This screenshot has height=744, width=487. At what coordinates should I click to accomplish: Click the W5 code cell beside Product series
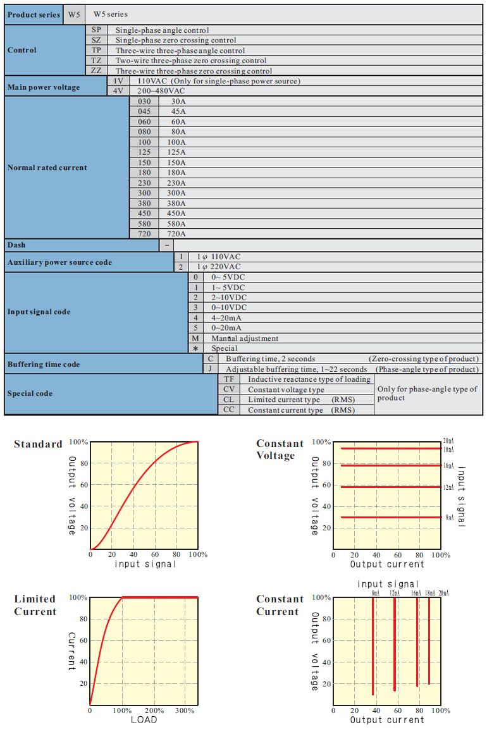tap(74, 15)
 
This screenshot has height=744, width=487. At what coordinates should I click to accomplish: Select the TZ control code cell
tap(96, 61)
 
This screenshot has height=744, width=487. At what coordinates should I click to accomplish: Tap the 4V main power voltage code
tap(118, 91)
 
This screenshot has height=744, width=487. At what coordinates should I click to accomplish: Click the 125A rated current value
tap(178, 152)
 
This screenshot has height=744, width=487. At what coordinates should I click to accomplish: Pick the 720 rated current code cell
tap(145, 234)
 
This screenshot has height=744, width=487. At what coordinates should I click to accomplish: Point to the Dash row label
tap(17, 245)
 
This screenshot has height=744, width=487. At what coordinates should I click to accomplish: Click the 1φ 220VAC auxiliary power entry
tap(218, 267)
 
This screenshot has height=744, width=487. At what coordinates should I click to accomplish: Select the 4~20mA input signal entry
tap(226, 318)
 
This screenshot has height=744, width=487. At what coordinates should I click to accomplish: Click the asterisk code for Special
tap(195, 348)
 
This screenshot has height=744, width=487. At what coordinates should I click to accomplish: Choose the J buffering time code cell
tap(210, 369)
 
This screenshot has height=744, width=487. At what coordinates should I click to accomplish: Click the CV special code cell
tap(228, 390)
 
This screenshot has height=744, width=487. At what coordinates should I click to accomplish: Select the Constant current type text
tap(285, 410)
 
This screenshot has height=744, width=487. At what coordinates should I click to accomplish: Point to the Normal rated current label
tap(47, 168)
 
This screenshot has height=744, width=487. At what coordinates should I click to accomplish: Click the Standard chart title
tap(38, 444)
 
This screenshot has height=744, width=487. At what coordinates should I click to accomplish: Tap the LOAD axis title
tap(144, 720)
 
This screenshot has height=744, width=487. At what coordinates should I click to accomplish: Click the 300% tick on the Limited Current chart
tap(185, 710)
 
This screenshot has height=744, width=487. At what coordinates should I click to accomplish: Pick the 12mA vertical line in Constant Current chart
tap(395, 645)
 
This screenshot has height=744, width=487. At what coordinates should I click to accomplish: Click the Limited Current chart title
tap(35, 605)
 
